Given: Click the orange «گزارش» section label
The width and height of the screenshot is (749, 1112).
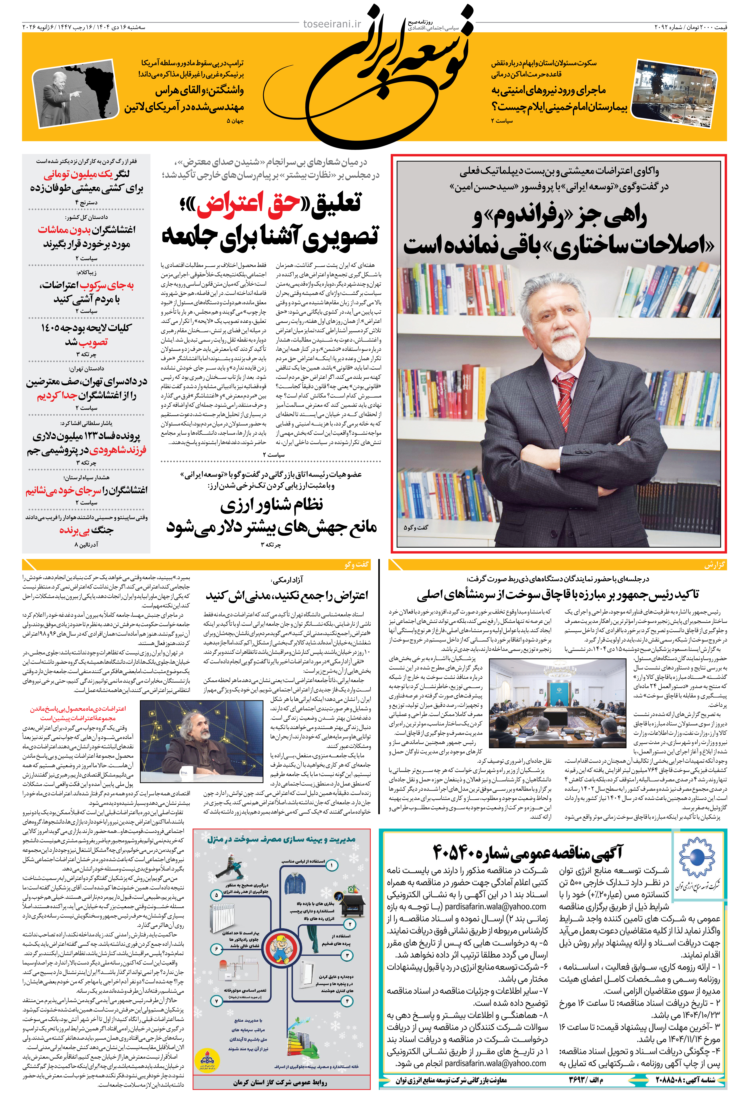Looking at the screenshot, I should [x=714, y=565].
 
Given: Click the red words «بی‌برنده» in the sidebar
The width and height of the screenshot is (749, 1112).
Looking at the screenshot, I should [x=74, y=530].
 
